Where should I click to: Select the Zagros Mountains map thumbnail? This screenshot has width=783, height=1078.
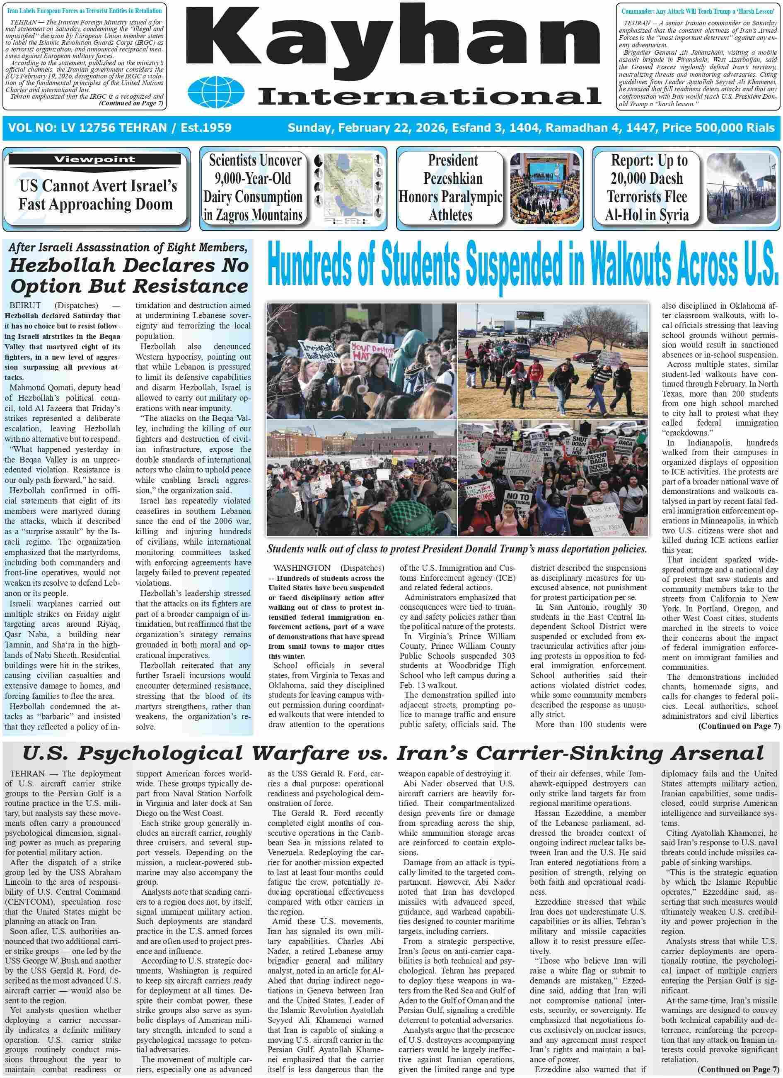coord(348,188)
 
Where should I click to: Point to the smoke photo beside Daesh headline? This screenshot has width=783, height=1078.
coord(742,188)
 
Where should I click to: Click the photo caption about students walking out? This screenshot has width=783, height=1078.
coord(457,549)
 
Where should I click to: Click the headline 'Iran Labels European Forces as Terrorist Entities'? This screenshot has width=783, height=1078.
coord(85,10)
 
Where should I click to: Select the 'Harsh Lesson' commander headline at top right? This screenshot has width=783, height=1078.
coord(698,10)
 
